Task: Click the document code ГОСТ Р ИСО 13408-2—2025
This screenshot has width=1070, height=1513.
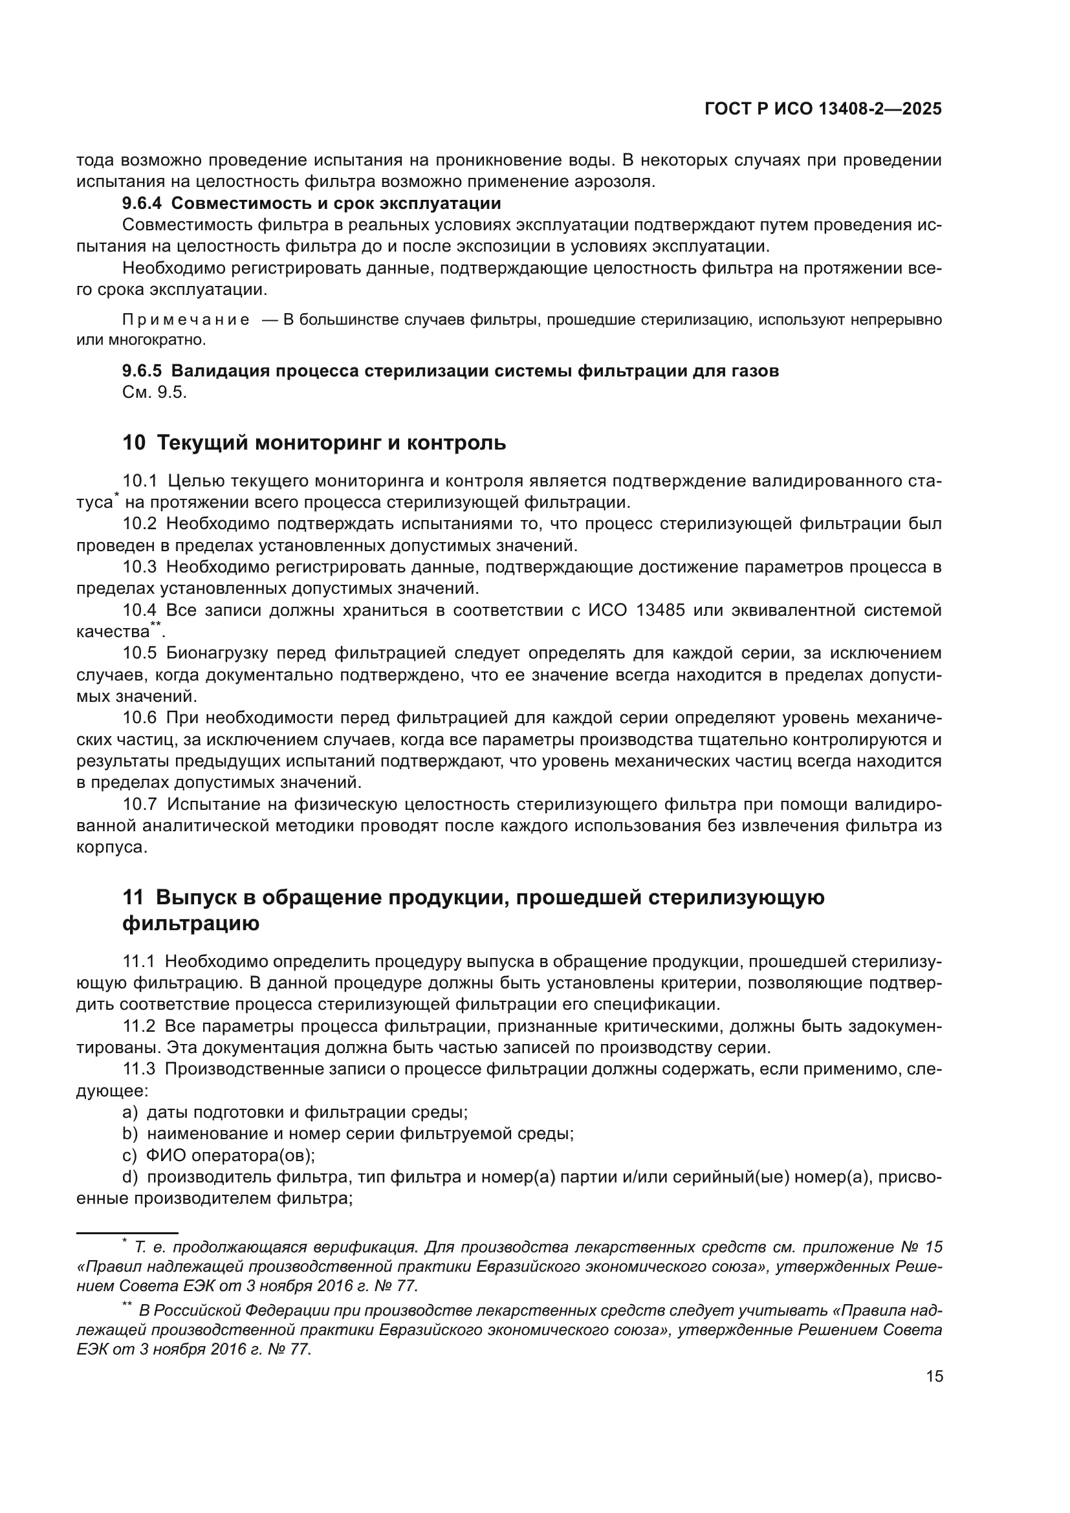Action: coord(823,109)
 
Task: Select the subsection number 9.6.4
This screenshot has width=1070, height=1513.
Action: coord(142,203)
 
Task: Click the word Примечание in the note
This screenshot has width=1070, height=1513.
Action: coord(186,320)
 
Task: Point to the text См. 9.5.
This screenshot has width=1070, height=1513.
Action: coord(155,393)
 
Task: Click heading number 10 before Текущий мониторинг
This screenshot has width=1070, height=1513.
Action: coord(134,443)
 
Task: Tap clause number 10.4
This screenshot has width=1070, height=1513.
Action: coord(140,610)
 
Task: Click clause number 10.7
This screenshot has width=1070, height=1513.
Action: coord(140,805)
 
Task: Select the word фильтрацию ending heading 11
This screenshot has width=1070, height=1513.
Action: coord(190,923)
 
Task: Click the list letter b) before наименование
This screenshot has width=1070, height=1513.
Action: coord(130,1134)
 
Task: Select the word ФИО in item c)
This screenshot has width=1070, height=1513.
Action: coord(164,1156)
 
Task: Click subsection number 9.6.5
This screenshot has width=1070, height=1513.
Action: coord(142,371)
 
